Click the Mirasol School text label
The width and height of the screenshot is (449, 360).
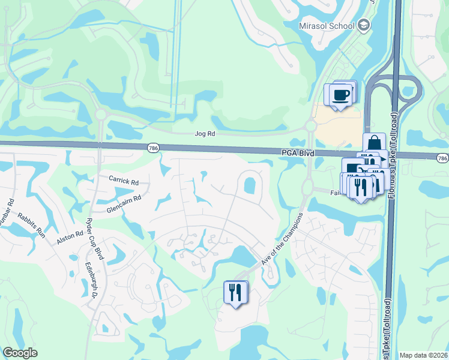(327, 26)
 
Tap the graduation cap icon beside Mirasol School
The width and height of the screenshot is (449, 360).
(363, 26)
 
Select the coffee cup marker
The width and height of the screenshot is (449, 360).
(340, 95)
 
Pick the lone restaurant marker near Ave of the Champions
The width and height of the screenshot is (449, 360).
(234, 293)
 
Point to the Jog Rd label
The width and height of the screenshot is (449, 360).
(205, 135)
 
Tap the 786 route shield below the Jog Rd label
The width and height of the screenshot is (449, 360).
(152, 147)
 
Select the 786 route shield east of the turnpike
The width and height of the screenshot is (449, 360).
(442, 158)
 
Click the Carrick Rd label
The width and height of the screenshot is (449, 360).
(124, 180)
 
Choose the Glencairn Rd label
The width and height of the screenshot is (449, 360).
(124, 202)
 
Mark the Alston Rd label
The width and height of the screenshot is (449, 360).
(70, 236)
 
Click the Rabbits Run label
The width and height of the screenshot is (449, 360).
(31, 224)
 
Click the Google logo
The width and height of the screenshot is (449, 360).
(20, 353)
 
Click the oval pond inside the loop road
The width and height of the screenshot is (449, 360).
(249, 186)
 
